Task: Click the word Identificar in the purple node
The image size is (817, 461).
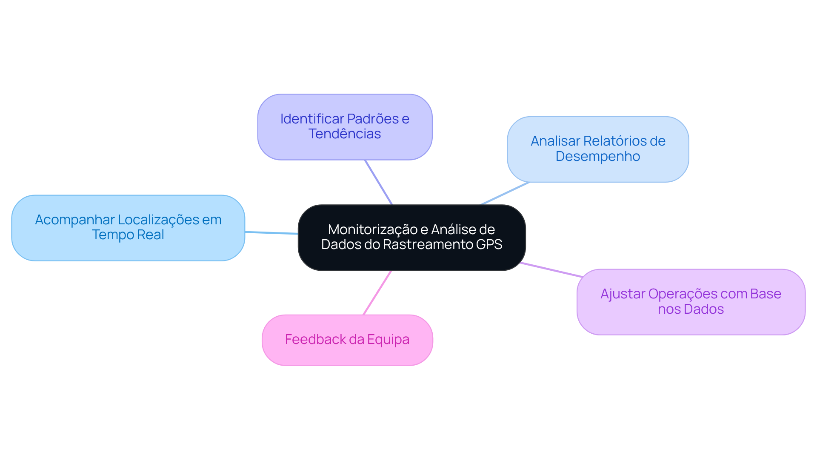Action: click(x=311, y=119)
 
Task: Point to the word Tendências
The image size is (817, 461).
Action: click(x=345, y=134)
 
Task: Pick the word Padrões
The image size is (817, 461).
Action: click(x=373, y=119)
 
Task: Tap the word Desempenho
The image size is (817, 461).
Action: click(x=598, y=157)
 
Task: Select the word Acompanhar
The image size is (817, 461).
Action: click(x=75, y=220)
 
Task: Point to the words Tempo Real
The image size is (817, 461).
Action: click(x=128, y=235)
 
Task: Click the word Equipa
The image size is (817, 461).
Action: click(x=388, y=340)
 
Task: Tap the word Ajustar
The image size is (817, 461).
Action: click(x=623, y=294)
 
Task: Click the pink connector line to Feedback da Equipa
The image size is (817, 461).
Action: click(x=377, y=293)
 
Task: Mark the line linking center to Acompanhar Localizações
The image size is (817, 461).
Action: click(x=271, y=233)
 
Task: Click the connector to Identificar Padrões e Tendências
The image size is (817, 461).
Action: click(x=378, y=182)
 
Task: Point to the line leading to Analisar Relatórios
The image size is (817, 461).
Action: click(x=505, y=193)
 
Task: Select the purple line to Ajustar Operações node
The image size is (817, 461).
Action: click(x=551, y=270)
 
